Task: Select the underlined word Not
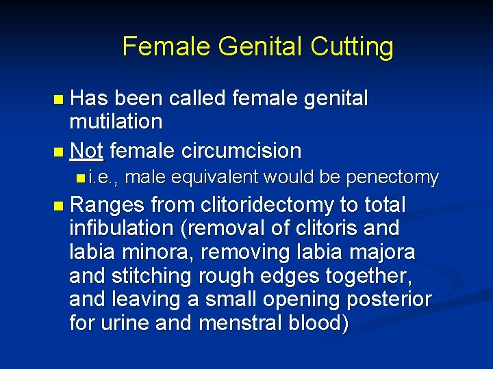tap(86, 150)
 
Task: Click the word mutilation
tap(116, 122)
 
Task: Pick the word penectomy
tap(392, 178)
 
